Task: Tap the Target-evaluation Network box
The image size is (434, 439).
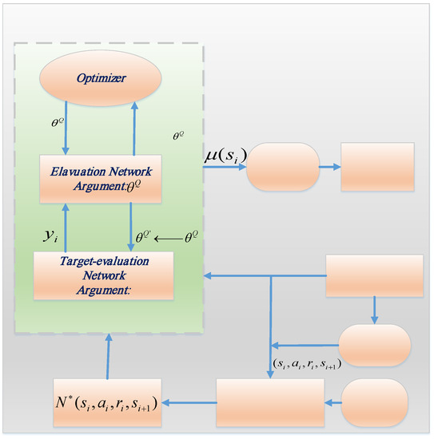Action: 103,275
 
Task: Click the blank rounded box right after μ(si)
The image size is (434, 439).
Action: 282,167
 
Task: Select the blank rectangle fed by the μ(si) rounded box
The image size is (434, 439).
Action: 378,167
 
